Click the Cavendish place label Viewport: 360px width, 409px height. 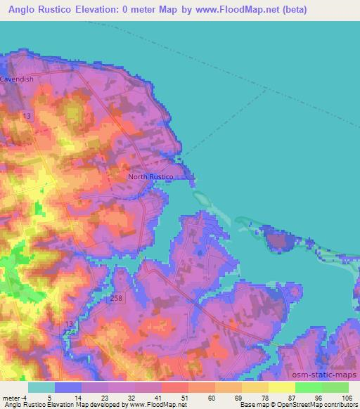[17, 80]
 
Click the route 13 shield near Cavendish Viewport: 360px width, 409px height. [27, 115]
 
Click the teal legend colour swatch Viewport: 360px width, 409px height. [41, 387]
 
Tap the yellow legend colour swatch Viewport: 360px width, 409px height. [282, 387]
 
